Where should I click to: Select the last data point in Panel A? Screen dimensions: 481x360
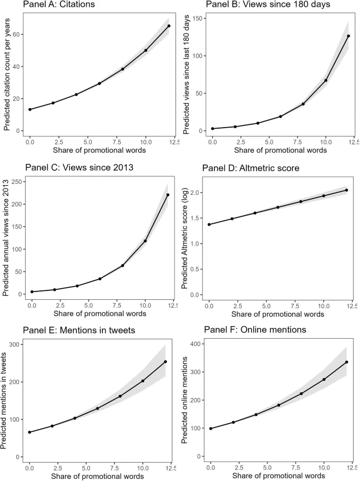coord(169,26)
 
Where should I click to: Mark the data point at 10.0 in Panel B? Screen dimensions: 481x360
coord(326,80)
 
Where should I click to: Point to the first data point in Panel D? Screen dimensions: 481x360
coord(210,225)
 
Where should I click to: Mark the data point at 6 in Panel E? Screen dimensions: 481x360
coord(98,408)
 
